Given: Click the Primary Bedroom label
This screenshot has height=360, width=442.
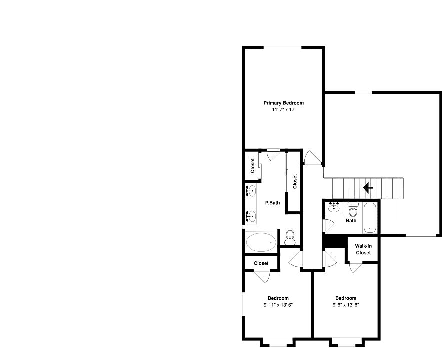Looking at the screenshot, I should (283, 103).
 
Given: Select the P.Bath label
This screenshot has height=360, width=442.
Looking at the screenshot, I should (272, 203).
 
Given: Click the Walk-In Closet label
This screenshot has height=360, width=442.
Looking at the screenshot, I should (363, 249).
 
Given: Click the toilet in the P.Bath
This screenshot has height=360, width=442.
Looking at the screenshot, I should (290, 237).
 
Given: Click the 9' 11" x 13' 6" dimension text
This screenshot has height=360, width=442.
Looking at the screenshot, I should (278, 305).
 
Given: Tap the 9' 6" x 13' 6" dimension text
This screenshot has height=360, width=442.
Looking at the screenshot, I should (346, 305).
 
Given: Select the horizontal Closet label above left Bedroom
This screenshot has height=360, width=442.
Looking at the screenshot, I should (261, 263).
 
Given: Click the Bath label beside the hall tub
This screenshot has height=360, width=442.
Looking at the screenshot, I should (351, 220).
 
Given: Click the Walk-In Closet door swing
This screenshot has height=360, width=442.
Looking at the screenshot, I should (356, 268).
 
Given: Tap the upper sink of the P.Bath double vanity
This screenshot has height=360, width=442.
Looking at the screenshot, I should (252, 190).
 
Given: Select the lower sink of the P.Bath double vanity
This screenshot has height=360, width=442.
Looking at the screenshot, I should (252, 216).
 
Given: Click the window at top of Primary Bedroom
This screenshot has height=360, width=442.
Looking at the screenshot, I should (283, 47).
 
